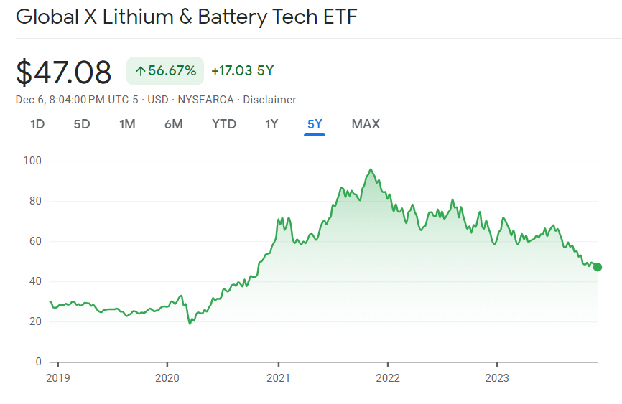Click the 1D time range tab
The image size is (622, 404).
(x=37, y=124)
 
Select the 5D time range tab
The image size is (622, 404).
(x=82, y=124)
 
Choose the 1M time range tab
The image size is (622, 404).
(x=127, y=124)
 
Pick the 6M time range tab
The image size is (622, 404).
(x=173, y=124)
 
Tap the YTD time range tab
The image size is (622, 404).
(x=224, y=124)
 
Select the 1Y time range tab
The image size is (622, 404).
(x=271, y=124)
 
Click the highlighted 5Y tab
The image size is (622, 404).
(x=315, y=124)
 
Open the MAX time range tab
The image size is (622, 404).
(x=366, y=124)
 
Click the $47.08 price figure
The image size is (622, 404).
(x=64, y=72)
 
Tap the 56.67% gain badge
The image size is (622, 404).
(x=165, y=70)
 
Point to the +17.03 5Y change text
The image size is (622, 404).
(x=243, y=70)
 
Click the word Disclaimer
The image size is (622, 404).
(x=269, y=100)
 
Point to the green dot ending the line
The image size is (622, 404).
(x=598, y=267)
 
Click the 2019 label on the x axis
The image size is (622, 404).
(x=57, y=377)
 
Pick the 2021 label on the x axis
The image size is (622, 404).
(x=278, y=377)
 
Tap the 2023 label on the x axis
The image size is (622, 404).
(x=497, y=377)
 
